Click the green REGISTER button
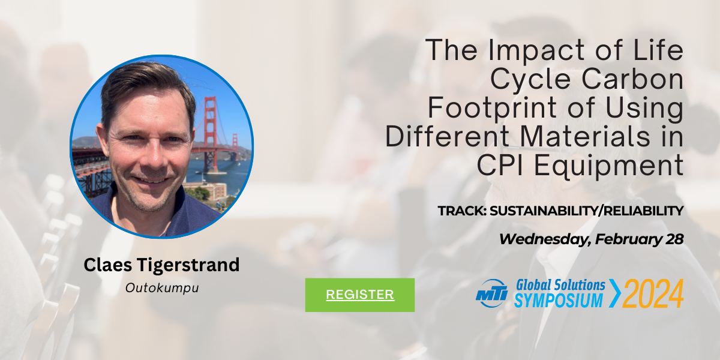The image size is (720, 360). (359, 295)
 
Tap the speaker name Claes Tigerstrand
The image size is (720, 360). (161, 265)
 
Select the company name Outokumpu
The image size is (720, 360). (162, 288)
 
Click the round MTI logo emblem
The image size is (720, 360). (491, 293)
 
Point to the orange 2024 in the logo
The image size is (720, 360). (653, 293)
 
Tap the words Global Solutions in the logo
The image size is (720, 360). (560, 285)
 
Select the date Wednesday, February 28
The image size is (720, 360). (592, 239)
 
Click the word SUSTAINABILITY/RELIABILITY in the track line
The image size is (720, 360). (586, 211)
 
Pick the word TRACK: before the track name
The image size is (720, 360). (462, 211)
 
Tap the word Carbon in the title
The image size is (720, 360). (632, 79)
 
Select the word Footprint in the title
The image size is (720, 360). (493, 109)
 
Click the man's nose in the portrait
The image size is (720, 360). (154, 154)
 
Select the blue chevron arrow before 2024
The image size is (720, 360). (615, 293)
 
